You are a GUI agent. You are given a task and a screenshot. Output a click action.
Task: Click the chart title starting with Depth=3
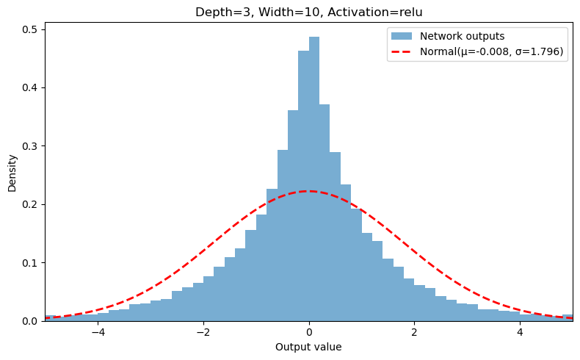(308, 12)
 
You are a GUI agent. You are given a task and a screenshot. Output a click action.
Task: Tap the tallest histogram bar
(314, 176)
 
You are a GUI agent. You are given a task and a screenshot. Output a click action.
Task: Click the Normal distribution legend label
(492, 52)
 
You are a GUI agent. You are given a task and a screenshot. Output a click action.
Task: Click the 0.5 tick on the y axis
(30, 29)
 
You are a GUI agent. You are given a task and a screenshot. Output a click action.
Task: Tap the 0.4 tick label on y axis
(30, 87)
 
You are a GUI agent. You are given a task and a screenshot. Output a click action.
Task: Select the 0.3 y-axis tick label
(30, 145)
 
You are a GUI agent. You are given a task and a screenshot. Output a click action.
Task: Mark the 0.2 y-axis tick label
(30, 204)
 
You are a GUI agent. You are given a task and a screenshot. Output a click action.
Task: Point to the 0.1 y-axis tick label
(30, 262)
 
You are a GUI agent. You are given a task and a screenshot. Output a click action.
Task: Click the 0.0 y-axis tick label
(30, 321)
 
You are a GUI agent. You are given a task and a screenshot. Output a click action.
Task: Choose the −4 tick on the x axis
(98, 332)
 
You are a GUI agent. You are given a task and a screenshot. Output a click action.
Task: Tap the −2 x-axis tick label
(203, 332)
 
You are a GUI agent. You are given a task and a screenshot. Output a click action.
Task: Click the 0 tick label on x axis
(309, 332)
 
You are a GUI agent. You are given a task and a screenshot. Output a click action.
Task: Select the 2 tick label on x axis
(414, 332)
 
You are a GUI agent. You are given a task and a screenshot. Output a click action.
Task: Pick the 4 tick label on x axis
(520, 332)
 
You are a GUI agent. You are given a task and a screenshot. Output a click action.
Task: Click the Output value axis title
(308, 347)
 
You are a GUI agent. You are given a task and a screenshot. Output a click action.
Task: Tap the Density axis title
(12, 173)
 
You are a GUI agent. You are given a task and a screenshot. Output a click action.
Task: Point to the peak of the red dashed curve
(308, 191)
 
